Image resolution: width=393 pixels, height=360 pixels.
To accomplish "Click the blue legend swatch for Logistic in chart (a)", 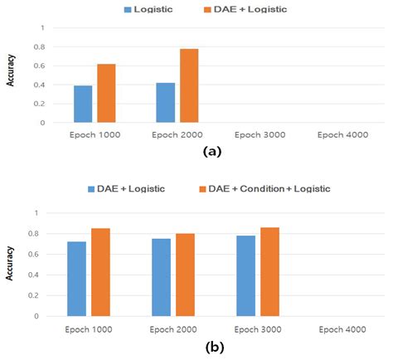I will click(x=128, y=11).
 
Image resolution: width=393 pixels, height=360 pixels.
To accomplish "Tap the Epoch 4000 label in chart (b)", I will click(x=342, y=329).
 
